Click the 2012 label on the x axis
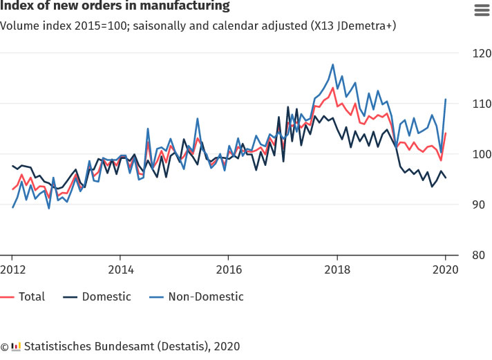click(x=12, y=269)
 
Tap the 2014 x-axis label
click(x=120, y=269)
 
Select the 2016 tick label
click(x=229, y=269)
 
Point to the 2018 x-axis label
click(x=337, y=269)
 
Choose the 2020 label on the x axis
click(x=445, y=269)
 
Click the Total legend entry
click(x=31, y=296)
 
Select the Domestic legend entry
click(x=106, y=296)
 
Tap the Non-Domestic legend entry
click(x=205, y=296)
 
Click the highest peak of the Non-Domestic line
click(x=333, y=64)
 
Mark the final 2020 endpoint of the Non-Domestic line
click(x=446, y=100)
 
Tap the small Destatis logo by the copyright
click(x=16, y=346)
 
